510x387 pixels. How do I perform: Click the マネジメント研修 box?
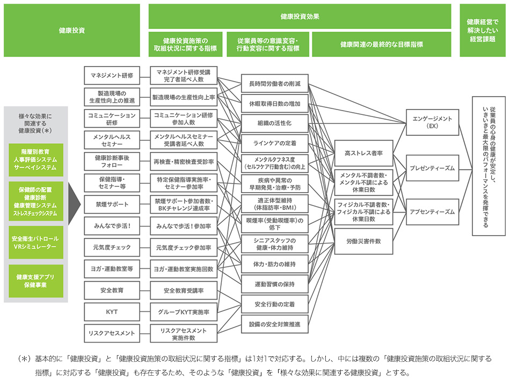click(x=112, y=76)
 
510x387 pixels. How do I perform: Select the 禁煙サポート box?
click(x=112, y=204)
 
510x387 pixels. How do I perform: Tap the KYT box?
click(x=112, y=311)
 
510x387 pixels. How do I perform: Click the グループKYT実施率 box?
click(x=184, y=312)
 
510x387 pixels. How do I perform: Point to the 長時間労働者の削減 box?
click(x=274, y=84)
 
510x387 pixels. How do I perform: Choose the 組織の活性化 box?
click(x=274, y=123)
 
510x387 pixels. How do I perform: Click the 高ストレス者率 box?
click(x=363, y=153)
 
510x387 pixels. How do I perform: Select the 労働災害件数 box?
click(x=363, y=242)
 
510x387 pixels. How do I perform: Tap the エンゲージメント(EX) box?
click(x=432, y=122)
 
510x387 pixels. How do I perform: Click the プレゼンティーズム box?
click(x=432, y=168)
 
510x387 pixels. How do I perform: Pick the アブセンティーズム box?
click(x=432, y=211)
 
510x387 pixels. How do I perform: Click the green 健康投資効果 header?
click(x=300, y=16)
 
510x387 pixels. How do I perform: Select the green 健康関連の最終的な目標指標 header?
click(x=382, y=44)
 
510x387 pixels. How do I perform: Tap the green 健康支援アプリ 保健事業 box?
click(x=36, y=281)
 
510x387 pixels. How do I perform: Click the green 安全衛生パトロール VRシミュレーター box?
click(x=36, y=242)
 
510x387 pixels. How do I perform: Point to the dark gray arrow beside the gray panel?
click(x=74, y=204)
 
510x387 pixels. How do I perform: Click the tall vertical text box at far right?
click(x=489, y=166)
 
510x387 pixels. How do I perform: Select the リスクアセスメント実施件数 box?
click(x=184, y=333)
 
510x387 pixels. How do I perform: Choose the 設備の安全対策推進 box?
click(x=274, y=324)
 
